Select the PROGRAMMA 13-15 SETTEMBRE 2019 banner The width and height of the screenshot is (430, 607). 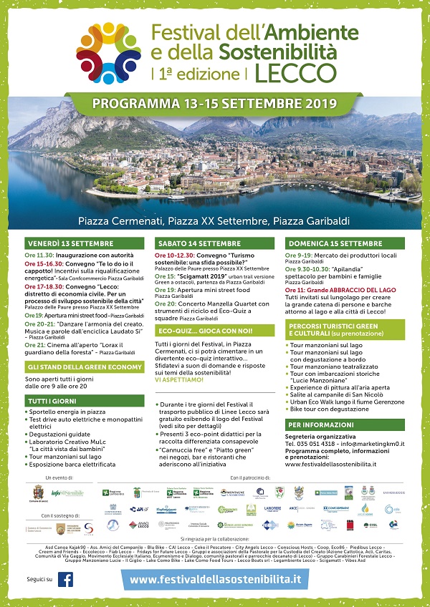click(214, 102)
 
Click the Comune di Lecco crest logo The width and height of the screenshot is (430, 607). click(37, 492)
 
